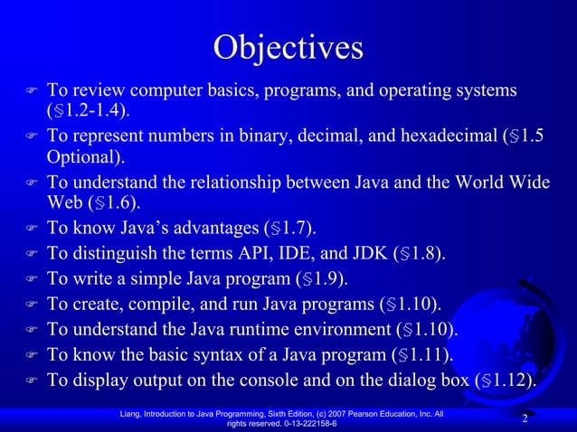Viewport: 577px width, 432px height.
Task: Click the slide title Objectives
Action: pos(288,46)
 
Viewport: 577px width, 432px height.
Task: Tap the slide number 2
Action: pos(525,418)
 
